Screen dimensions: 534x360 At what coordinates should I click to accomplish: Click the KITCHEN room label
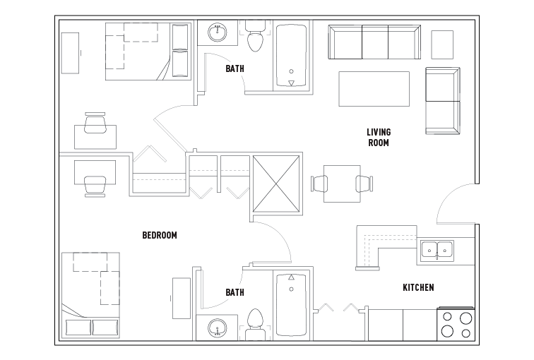418,287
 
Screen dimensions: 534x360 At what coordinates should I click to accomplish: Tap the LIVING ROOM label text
379,137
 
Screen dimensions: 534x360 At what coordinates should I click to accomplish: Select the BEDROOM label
160,235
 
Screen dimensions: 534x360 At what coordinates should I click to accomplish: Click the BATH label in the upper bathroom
235,68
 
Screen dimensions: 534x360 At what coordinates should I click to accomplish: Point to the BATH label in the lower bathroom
235,292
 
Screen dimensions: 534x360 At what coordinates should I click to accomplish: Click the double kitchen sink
437,251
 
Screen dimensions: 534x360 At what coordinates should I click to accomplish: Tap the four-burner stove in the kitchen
456,324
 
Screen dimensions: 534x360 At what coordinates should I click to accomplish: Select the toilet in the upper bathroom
256,36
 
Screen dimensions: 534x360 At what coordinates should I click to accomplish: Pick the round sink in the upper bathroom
218,32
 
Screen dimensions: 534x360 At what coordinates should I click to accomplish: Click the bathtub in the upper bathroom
291,56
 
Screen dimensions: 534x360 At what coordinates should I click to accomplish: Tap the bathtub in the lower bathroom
291,305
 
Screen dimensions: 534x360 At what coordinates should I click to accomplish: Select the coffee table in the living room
374,89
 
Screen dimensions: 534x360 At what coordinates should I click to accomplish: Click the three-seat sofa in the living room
374,42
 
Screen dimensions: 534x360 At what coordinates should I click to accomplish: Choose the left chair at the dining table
319,184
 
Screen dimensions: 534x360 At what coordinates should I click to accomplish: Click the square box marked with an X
277,184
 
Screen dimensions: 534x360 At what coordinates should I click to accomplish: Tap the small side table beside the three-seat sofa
442,44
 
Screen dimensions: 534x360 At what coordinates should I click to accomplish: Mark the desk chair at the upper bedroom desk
95,123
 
